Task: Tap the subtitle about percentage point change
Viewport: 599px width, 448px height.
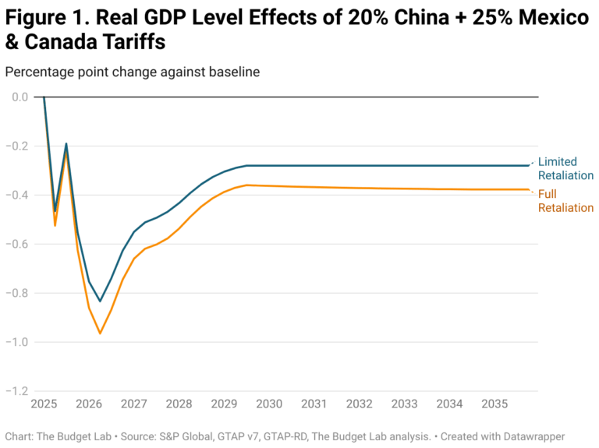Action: pyautogui.click(x=132, y=72)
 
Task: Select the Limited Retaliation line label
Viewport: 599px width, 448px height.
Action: pyautogui.click(x=565, y=168)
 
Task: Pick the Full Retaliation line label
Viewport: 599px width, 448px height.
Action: pyautogui.click(x=565, y=201)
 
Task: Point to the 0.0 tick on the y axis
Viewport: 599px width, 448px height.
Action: pyautogui.click(x=20, y=97)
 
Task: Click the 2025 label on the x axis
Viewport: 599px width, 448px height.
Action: pyautogui.click(x=44, y=405)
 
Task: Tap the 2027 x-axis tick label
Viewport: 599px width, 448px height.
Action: pyautogui.click(x=134, y=405)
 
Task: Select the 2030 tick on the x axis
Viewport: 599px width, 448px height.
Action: pyautogui.click(x=269, y=405)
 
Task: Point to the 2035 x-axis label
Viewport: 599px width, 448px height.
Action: pyautogui.click(x=494, y=405)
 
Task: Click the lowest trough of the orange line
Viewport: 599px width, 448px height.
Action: pyautogui.click(x=100, y=333)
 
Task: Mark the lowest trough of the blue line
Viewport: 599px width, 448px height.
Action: pyautogui.click(x=100, y=301)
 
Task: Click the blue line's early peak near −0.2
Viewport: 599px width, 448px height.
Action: pyautogui.click(x=66, y=144)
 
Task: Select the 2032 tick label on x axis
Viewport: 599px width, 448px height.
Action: pyautogui.click(x=359, y=405)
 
